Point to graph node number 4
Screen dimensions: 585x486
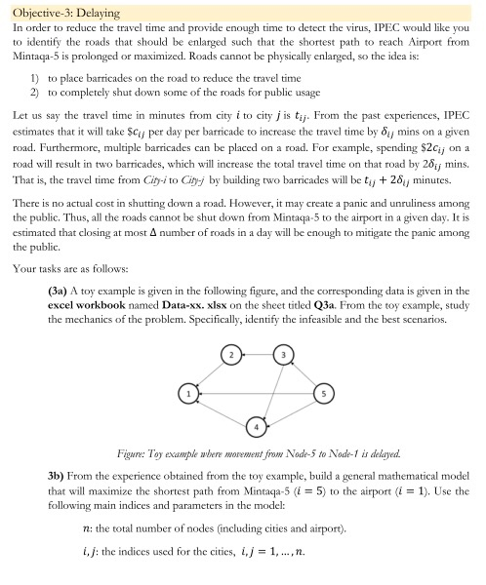point(256,425)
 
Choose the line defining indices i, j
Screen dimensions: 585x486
point(188,557)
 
